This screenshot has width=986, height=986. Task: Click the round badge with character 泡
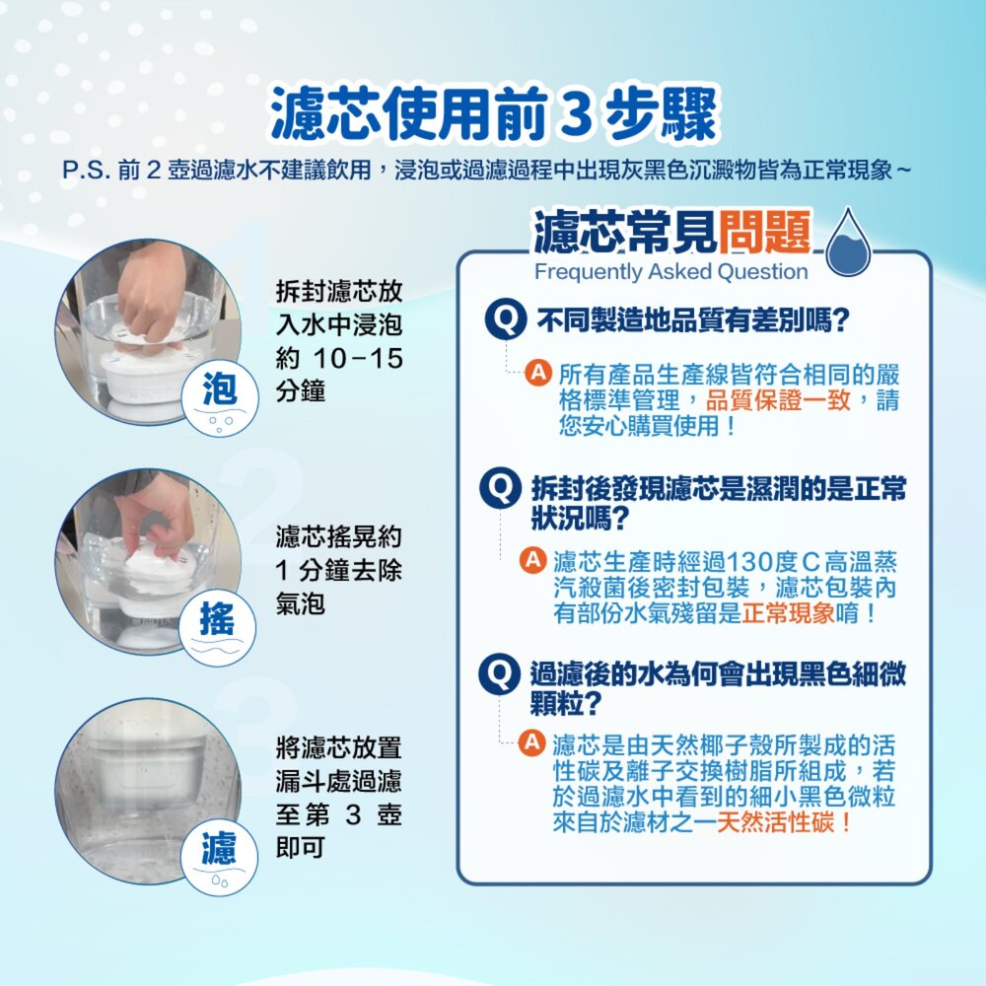click(x=220, y=397)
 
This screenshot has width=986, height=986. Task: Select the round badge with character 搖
click(x=218, y=627)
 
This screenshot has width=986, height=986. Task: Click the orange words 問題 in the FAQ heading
click(x=765, y=232)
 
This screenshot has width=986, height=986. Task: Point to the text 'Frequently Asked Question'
click(x=670, y=272)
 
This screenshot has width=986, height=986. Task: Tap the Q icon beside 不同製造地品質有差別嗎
click(x=505, y=319)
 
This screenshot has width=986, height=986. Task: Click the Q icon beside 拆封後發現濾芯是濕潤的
click(x=501, y=488)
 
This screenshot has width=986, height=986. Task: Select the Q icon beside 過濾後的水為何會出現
click(x=499, y=674)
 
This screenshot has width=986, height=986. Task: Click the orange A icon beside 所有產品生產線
click(x=538, y=373)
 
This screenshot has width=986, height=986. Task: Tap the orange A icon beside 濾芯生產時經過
click(x=532, y=560)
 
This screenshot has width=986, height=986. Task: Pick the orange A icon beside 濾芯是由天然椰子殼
click(x=531, y=742)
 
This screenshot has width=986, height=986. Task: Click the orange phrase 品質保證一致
click(x=778, y=400)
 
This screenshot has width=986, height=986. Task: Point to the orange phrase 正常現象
click(x=788, y=612)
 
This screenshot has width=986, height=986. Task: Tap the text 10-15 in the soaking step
click(x=357, y=359)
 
